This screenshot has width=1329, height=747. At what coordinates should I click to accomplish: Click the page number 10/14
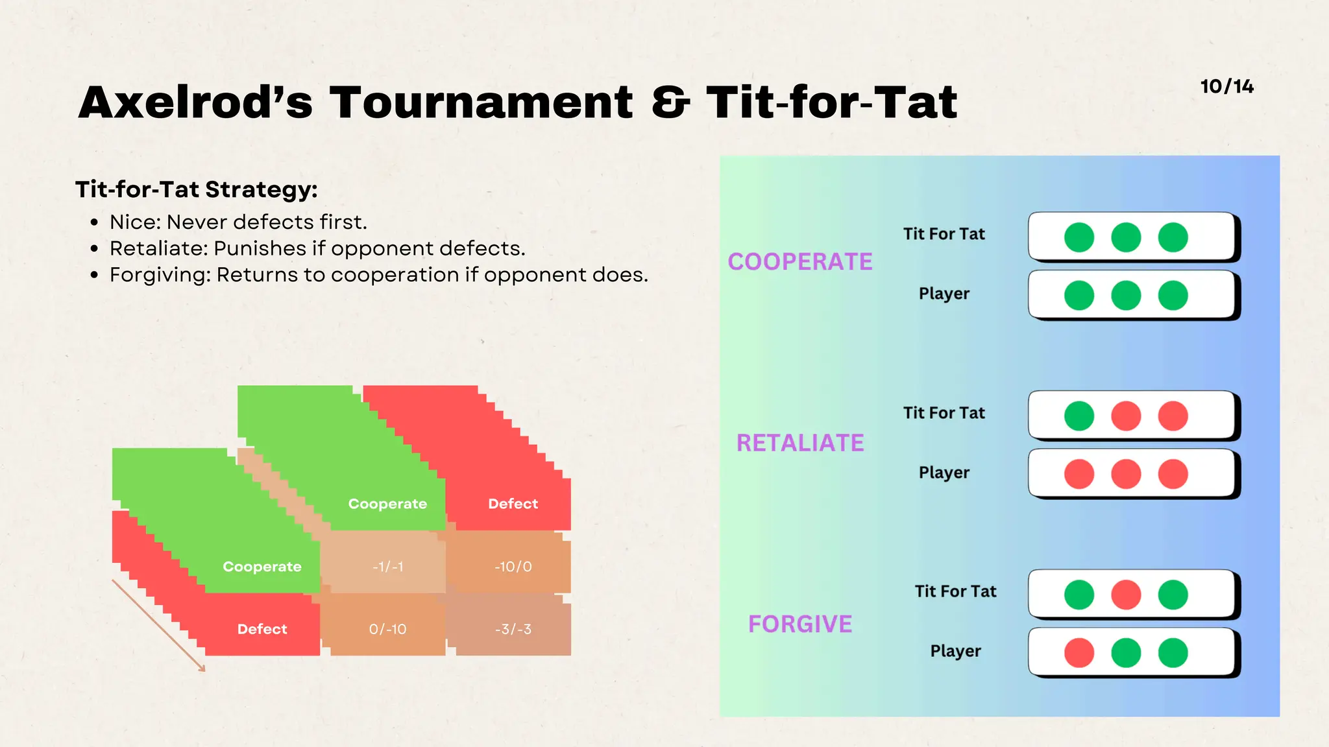(1226, 87)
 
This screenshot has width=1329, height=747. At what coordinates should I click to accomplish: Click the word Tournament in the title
(481, 102)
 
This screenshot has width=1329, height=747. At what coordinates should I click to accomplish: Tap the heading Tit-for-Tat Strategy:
(197, 189)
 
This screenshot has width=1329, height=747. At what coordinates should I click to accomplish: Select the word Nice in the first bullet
(134, 222)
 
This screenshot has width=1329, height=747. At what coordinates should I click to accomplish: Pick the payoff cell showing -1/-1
(387, 567)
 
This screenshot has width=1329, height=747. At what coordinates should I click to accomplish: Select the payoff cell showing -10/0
(513, 567)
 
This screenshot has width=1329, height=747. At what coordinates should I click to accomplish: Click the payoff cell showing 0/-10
(387, 629)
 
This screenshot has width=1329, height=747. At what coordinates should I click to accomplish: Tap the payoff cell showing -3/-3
(513, 629)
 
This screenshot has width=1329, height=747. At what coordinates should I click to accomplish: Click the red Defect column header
(513, 504)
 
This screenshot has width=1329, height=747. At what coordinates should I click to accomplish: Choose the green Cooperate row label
(262, 567)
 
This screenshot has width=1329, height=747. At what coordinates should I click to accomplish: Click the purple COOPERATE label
(800, 262)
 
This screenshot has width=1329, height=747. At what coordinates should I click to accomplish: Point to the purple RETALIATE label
(800, 443)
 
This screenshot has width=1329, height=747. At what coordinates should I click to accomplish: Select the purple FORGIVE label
(800, 624)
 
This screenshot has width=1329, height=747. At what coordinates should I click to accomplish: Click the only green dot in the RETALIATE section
(1079, 416)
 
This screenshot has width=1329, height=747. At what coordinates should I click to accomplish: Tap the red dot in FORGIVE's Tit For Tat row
(1126, 595)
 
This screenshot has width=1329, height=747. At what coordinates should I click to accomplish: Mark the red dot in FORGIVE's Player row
(1079, 653)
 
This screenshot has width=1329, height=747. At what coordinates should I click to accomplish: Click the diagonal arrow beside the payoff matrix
(158, 625)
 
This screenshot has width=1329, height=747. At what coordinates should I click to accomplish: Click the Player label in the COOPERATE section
(944, 294)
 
